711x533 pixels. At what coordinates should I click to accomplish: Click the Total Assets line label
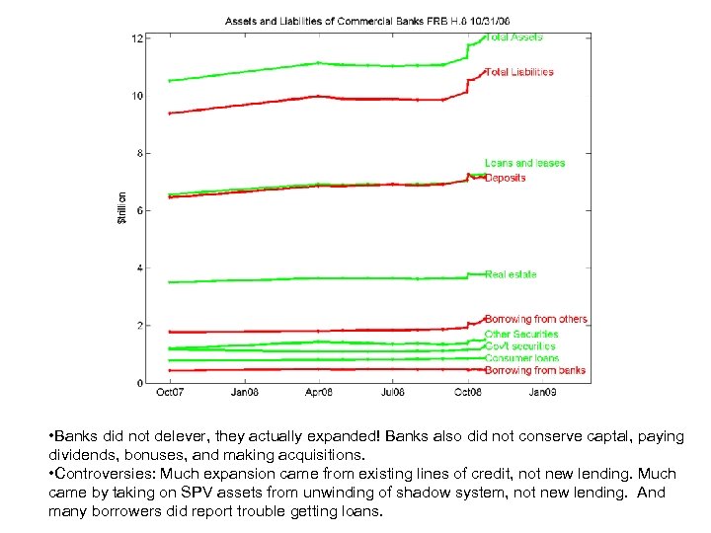click(x=513, y=38)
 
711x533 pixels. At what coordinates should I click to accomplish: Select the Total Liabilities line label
click(x=519, y=72)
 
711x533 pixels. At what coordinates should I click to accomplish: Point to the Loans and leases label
click(x=524, y=163)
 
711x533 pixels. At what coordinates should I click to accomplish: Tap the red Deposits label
click(x=505, y=178)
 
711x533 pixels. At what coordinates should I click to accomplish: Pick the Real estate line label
click(x=511, y=274)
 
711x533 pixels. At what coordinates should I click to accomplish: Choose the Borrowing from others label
click(x=536, y=319)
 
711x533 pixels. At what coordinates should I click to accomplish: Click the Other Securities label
click(x=521, y=334)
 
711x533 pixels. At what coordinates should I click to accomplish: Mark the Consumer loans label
click(x=521, y=358)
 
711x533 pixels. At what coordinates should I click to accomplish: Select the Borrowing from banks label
click(x=535, y=370)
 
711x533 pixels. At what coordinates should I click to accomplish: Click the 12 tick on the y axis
click(x=138, y=38)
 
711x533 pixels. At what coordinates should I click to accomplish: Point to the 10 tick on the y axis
click(x=138, y=96)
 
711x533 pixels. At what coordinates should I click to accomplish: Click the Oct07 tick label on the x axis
click(x=170, y=393)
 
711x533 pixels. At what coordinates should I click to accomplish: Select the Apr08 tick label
click(x=318, y=393)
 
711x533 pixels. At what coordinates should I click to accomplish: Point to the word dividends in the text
click(x=77, y=455)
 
